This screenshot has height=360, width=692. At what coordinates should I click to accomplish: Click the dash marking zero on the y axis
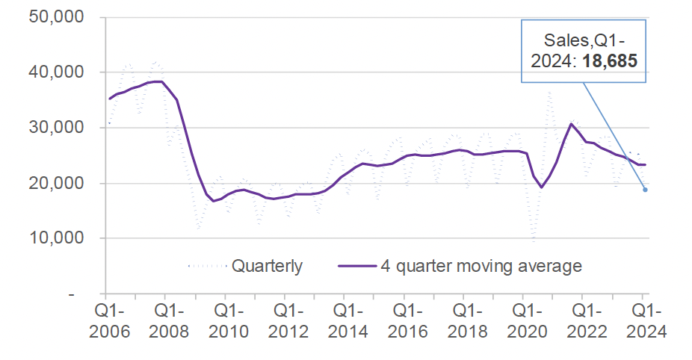click(72, 294)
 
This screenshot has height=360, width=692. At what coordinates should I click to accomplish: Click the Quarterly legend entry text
click(267, 266)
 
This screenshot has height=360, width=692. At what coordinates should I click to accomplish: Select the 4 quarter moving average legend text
click(481, 266)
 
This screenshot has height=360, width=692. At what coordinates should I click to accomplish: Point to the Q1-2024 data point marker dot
click(644, 190)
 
